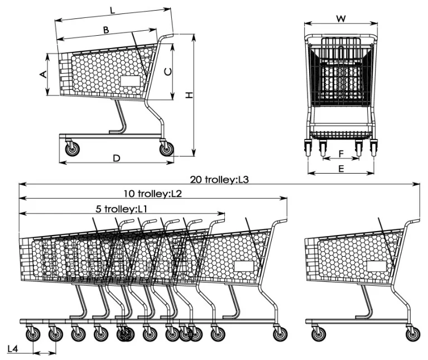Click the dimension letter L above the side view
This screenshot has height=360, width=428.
pyautogui.click(x=112, y=10)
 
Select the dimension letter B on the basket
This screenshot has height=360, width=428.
pyautogui.click(x=105, y=30)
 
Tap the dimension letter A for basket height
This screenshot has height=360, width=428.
pyautogui.click(x=42, y=74)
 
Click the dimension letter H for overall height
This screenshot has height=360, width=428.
pyautogui.click(x=190, y=96)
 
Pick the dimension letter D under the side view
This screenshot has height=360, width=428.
pyautogui.click(x=117, y=158)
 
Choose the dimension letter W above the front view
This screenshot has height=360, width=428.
pyautogui.click(x=341, y=18)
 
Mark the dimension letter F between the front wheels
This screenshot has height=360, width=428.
pyautogui.click(x=341, y=152)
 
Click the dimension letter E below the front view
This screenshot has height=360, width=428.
pyautogui.click(x=341, y=167)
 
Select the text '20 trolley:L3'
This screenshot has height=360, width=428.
pyautogui.click(x=219, y=179)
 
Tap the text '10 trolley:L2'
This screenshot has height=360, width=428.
pyautogui.click(x=153, y=194)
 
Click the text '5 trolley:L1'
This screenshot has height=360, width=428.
pyautogui.click(x=121, y=209)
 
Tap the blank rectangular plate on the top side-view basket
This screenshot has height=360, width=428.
pyautogui.click(x=131, y=81)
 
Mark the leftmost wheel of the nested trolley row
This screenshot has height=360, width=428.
pyautogui.click(x=32, y=334)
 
